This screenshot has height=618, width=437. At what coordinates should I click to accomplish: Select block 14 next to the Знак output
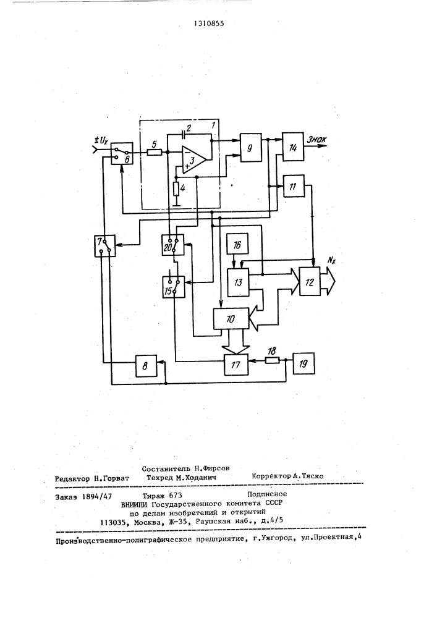[293, 146]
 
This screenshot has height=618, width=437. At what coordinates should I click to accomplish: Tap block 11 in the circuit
[293, 185]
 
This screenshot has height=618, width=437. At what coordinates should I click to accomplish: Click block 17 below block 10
[236, 365]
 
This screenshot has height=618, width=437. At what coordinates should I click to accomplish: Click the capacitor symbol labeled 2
[184, 133]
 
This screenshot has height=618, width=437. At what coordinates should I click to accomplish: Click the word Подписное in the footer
[266, 494]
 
